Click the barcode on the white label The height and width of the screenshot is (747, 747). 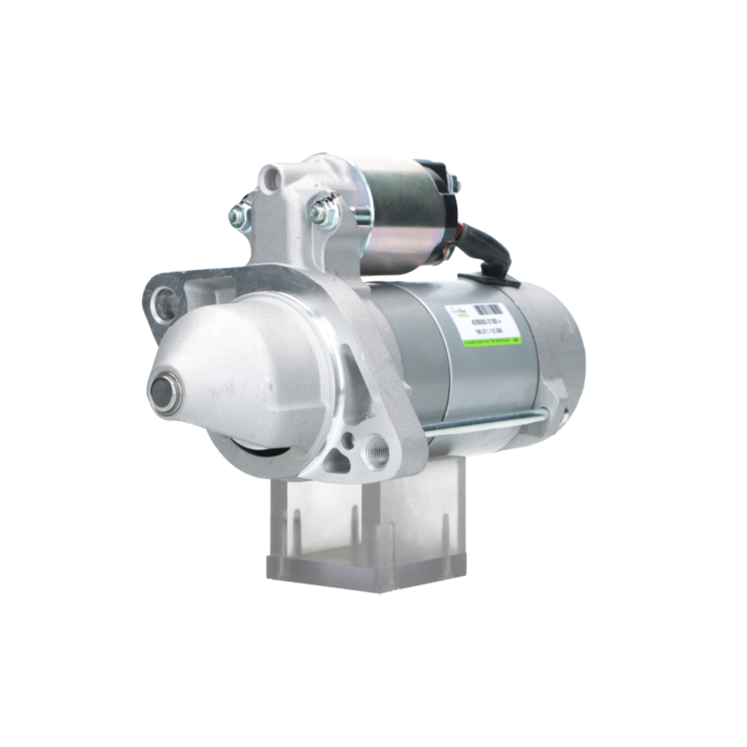pos(489,308)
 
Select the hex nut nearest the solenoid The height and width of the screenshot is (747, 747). pos(323,211)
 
